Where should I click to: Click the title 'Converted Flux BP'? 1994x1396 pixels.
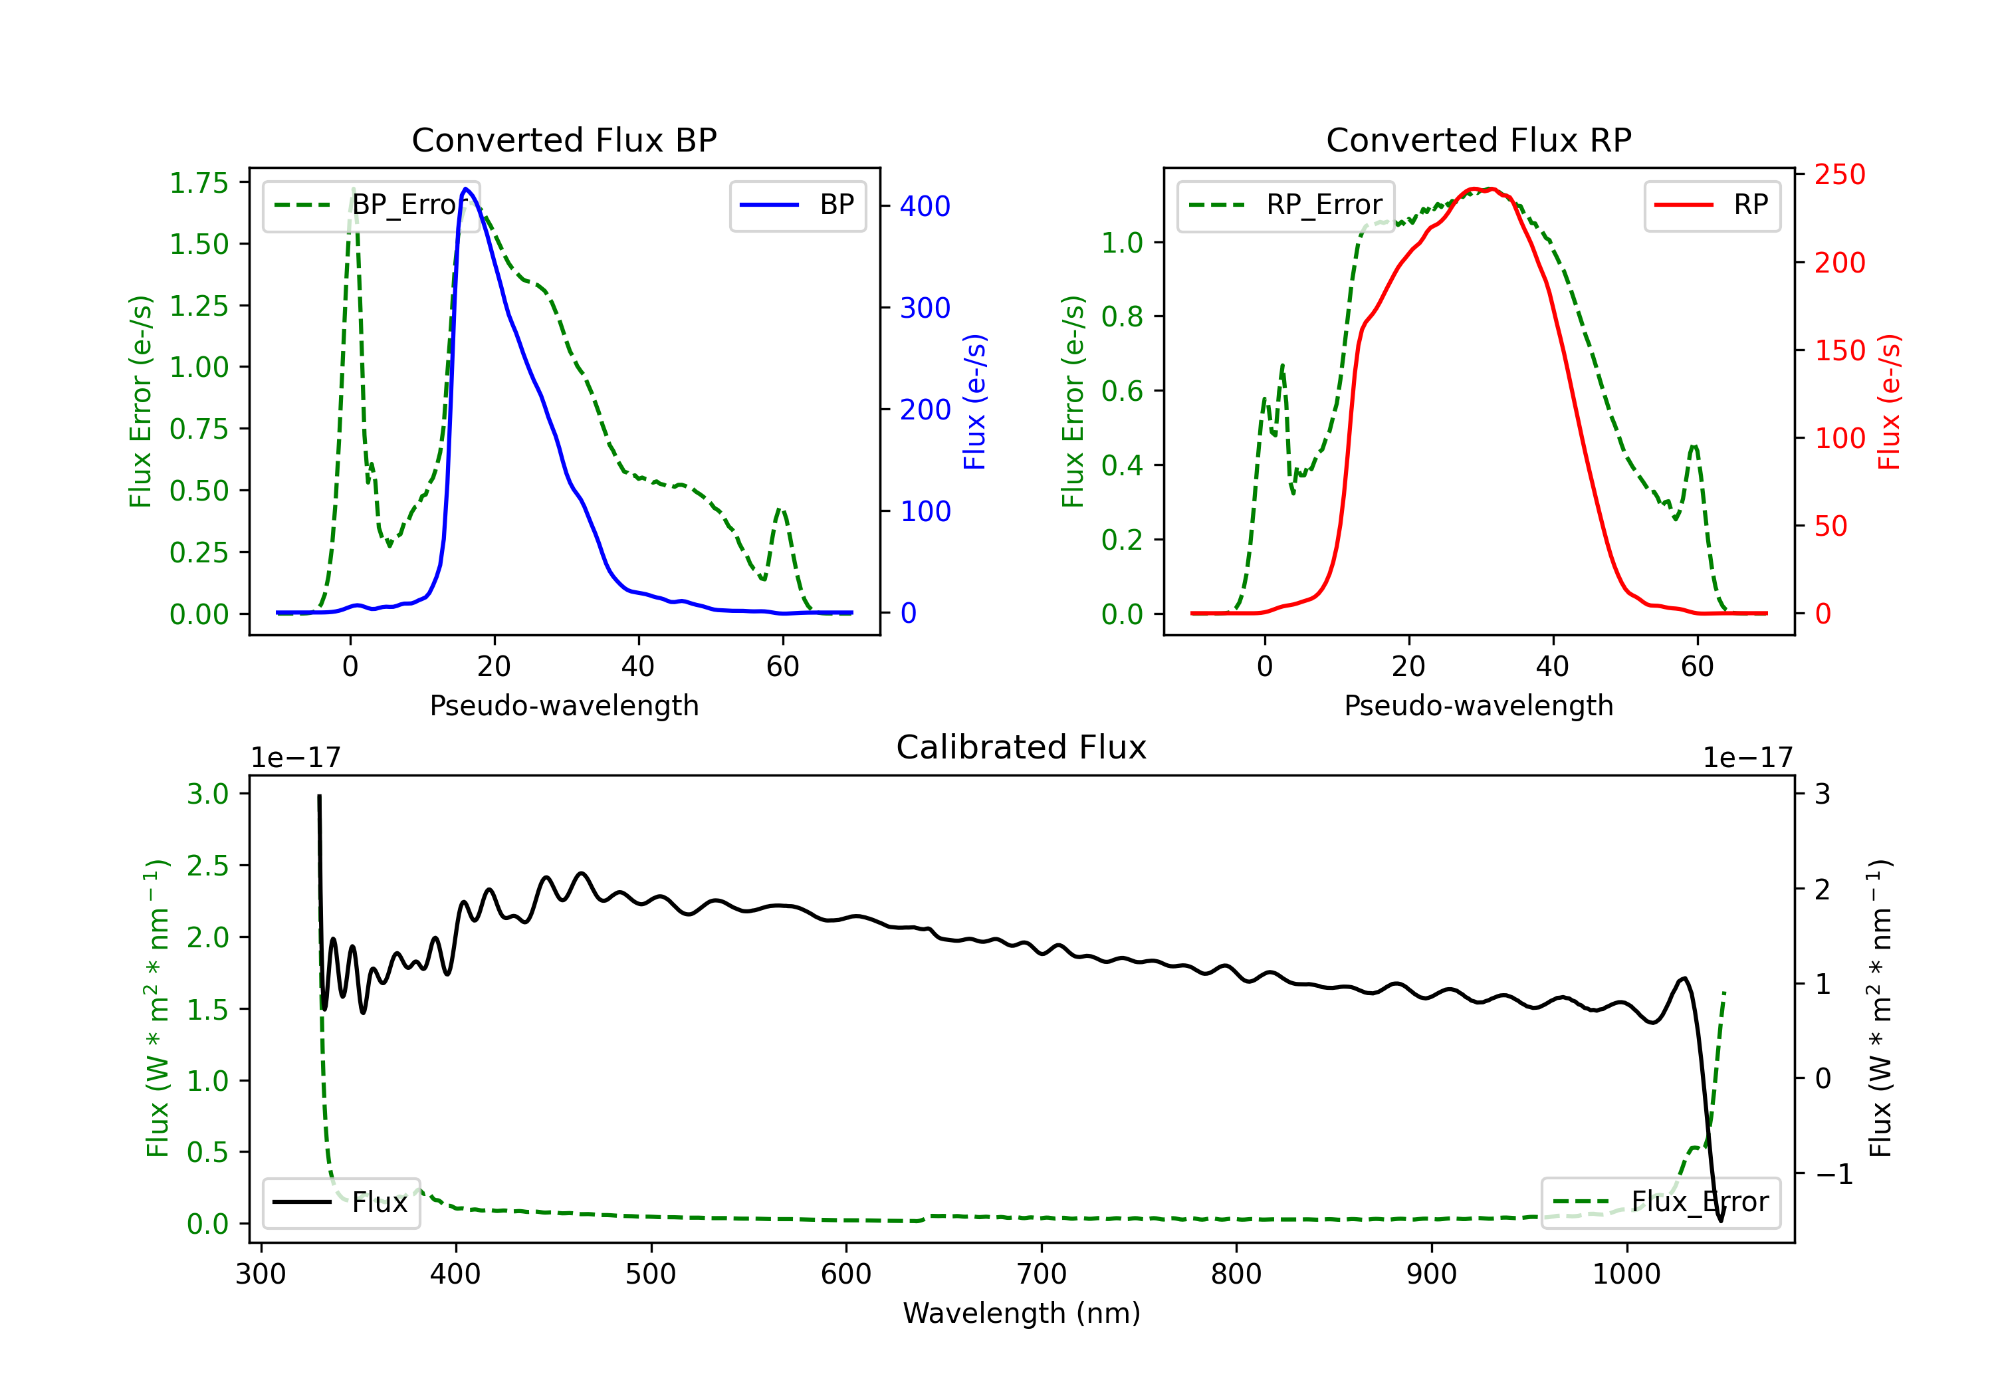click(x=564, y=140)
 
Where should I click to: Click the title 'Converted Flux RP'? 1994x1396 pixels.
click(x=1479, y=140)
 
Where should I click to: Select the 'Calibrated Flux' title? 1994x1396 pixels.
click(x=1022, y=747)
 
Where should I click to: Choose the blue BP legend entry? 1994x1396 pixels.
click(x=797, y=205)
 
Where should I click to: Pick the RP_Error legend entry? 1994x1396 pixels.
click(x=1285, y=205)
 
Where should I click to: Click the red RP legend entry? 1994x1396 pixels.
click(x=1712, y=205)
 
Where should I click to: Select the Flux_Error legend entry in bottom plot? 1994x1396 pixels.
click(x=1660, y=1203)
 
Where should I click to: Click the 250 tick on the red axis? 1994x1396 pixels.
click(x=1839, y=175)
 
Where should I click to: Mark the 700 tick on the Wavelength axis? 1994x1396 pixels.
click(x=1042, y=1274)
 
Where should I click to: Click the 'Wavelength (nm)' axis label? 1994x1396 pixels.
click(x=1022, y=1314)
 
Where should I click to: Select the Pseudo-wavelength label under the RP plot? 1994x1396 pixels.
click(x=1479, y=705)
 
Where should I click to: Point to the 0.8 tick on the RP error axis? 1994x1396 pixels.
click(x=1122, y=316)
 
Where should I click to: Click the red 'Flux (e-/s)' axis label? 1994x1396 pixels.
click(x=1890, y=402)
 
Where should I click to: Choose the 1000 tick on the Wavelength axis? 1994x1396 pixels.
click(x=1626, y=1274)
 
